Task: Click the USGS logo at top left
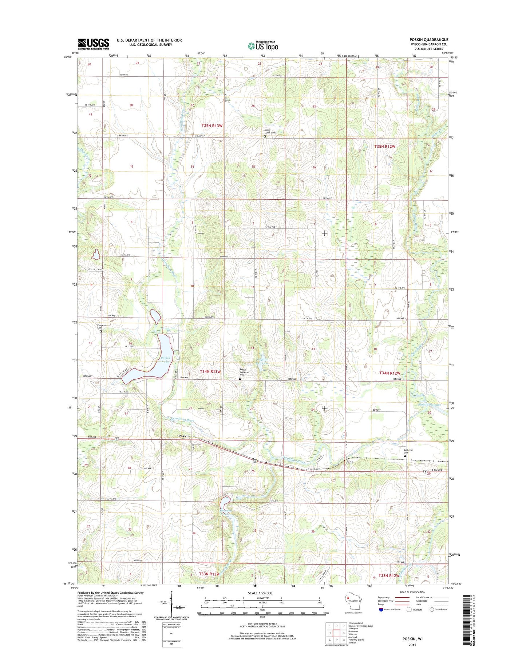coord(93,44)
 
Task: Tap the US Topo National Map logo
coord(263,45)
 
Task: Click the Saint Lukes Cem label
coord(270,133)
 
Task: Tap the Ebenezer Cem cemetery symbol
coord(101,331)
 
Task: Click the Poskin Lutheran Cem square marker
coord(240,379)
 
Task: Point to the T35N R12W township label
coord(385,146)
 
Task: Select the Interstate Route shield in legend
coord(381,610)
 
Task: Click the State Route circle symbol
coord(432,610)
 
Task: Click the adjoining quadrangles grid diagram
coord(336,633)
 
